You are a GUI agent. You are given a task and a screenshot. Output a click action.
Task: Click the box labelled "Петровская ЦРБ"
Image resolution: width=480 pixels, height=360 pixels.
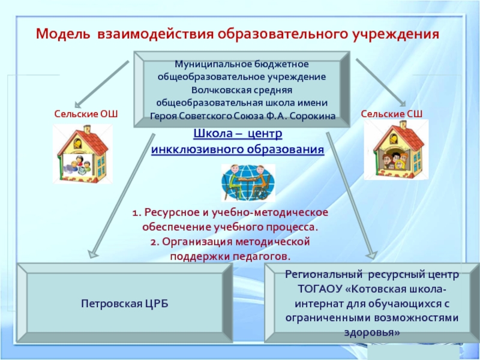(125, 304)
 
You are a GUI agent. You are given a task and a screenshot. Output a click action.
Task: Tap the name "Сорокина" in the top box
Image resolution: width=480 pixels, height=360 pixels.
(307, 115)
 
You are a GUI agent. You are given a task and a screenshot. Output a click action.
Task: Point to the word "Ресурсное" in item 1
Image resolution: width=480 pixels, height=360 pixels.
(170, 214)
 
